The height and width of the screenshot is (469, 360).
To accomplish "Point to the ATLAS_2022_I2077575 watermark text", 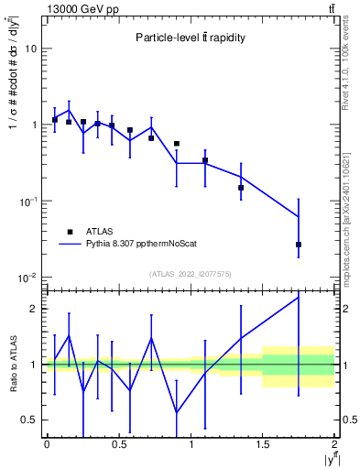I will coord(191,273).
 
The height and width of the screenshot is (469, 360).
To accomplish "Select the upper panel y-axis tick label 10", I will coord(30,49).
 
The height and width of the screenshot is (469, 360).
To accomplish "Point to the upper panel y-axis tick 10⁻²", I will coord(28,277).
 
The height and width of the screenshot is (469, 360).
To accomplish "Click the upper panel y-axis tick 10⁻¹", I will coord(28,201).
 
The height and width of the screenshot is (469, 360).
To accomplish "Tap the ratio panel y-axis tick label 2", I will coord(35,309).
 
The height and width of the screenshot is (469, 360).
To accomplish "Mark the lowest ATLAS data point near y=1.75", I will coord(299,245).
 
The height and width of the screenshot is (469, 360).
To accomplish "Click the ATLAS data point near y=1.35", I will coord(241,188).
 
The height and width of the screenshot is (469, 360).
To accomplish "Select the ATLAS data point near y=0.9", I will coord(177,144).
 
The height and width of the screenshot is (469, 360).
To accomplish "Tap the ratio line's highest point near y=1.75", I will coord(299,297).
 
